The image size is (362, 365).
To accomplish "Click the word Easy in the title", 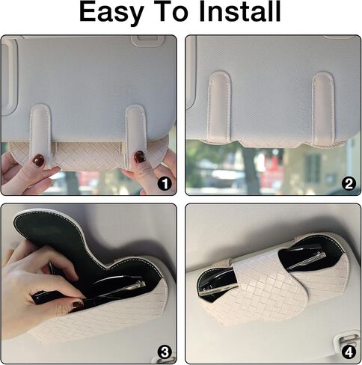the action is tap(111, 13).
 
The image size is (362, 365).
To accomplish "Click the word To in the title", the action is tap(171, 12).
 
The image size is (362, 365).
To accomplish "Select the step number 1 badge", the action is tap(165, 184).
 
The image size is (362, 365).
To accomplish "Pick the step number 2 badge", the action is tap(349, 184).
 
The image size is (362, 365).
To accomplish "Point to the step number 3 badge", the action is tap(165, 352).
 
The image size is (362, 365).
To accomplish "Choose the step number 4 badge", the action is tap(349, 352).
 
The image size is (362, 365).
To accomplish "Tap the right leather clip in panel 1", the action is tap(135, 135).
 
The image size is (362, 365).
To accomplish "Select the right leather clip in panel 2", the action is tap(323, 108).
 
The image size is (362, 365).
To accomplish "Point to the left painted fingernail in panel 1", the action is tap(39, 159).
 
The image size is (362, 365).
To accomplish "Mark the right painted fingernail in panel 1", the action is tap(139, 157).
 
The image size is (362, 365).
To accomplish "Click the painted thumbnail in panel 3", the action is tap(77, 305).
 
